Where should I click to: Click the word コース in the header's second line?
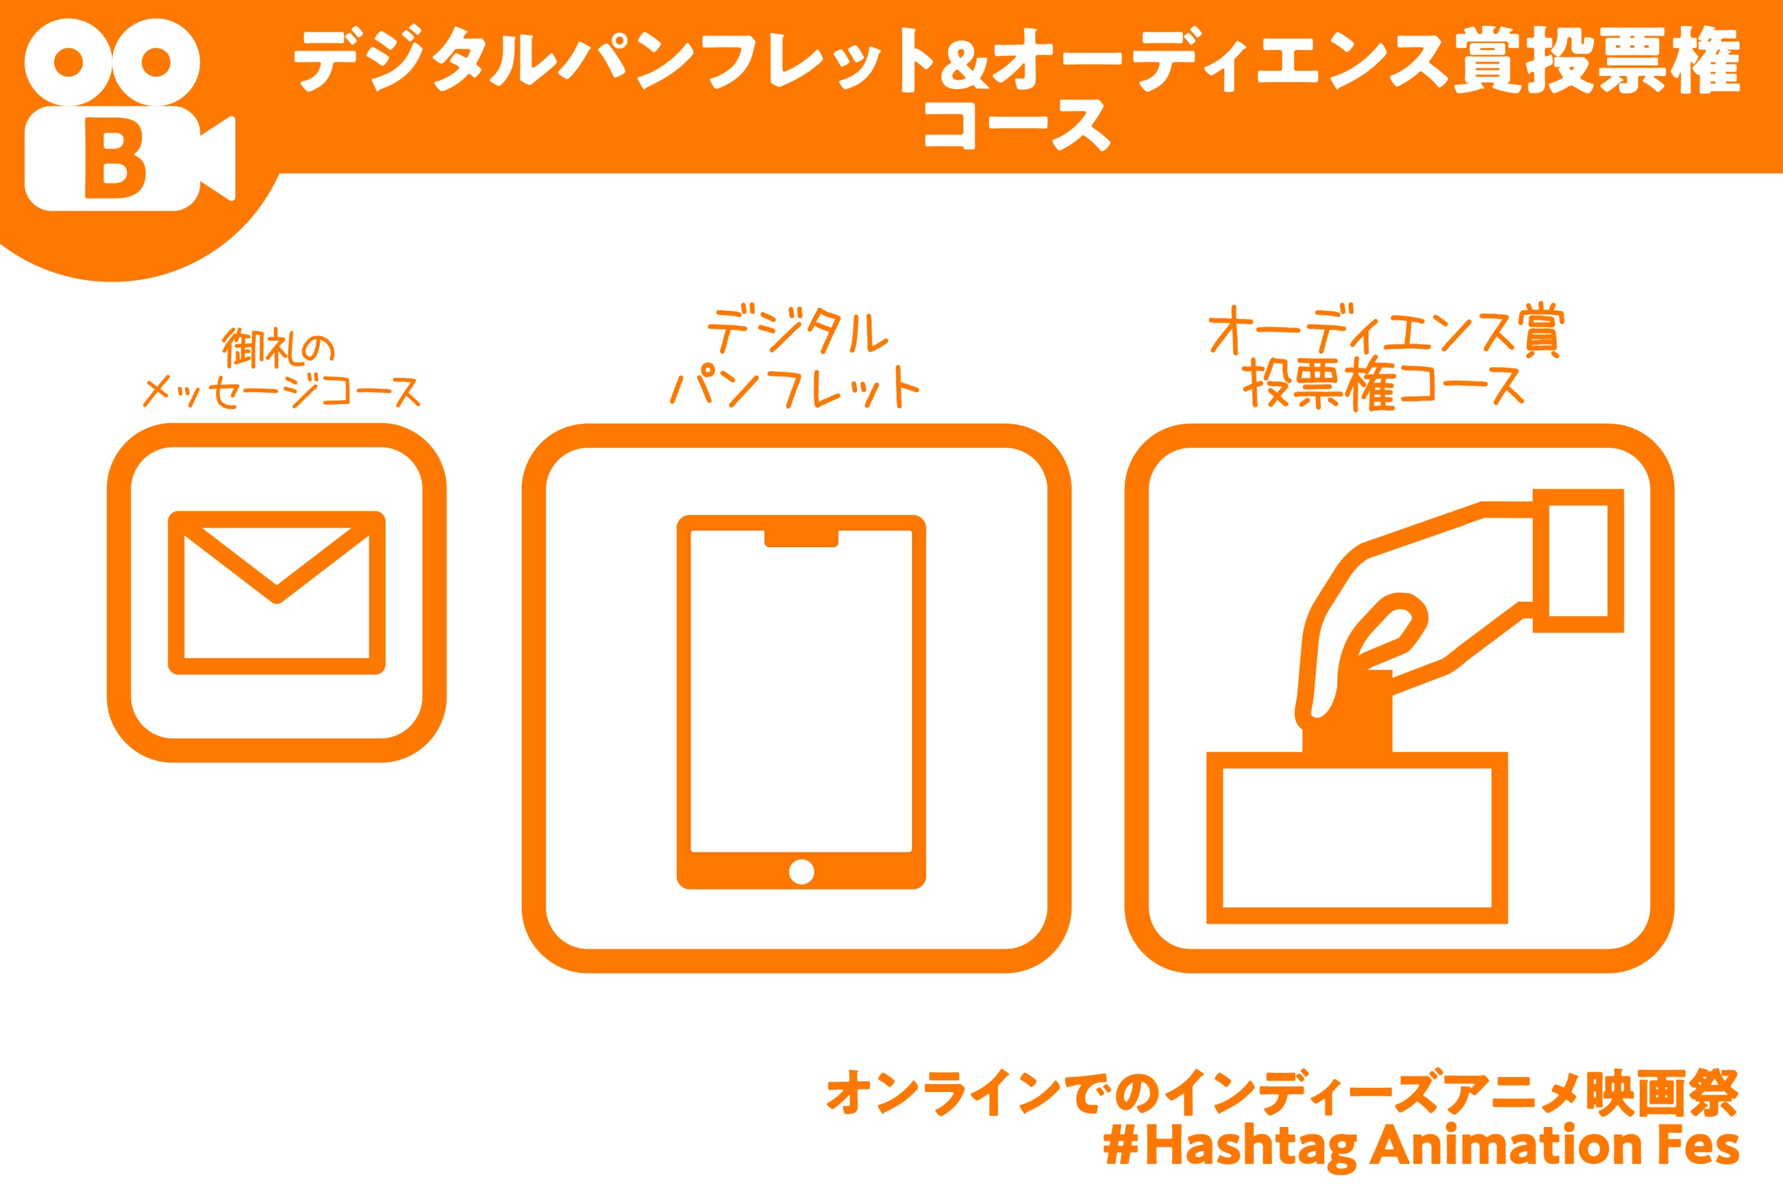tap(1016, 127)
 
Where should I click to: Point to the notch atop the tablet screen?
tap(802, 538)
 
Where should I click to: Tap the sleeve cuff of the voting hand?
tap(1578, 561)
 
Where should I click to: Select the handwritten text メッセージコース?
tap(282, 392)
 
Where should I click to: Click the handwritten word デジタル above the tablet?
tap(797, 332)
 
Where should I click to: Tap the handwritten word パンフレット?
tap(795, 386)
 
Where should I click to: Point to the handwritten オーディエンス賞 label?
tap(1383, 332)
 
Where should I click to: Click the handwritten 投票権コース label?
tap(1382, 386)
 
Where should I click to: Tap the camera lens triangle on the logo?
tap(218, 159)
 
